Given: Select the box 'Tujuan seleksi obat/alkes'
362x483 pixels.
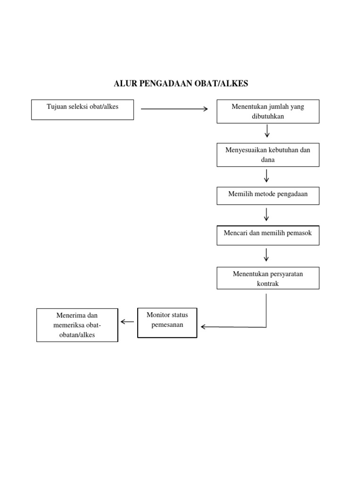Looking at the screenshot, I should (82, 109).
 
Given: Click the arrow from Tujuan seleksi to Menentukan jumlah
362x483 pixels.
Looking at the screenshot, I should (174, 109).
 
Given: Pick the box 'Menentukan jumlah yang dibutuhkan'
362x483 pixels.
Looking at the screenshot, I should (268, 111).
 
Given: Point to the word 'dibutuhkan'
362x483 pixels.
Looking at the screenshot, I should (268, 116).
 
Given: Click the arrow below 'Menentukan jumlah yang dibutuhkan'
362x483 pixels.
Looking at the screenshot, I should (267, 131).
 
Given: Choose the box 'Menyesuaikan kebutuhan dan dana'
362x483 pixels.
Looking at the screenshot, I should (268, 155).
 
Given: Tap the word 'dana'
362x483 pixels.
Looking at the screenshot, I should (268, 160).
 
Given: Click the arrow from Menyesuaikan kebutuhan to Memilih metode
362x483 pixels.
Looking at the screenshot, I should (267, 175).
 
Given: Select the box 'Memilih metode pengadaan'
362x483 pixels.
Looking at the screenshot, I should (268, 196).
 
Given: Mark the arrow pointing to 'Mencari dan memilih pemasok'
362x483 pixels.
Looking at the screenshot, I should (267, 215).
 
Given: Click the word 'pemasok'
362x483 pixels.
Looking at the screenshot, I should (300, 233).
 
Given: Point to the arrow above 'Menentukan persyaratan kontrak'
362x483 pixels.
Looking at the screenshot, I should (267, 255).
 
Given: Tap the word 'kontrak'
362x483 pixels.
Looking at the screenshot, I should (268, 283).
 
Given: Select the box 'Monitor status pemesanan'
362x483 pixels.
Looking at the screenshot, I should (167, 323).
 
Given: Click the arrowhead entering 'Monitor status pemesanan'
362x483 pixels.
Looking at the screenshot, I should (203, 326).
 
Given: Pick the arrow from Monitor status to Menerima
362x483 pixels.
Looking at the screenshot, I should (127, 322).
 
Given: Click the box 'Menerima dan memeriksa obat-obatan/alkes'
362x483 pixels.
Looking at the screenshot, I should (77, 325).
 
